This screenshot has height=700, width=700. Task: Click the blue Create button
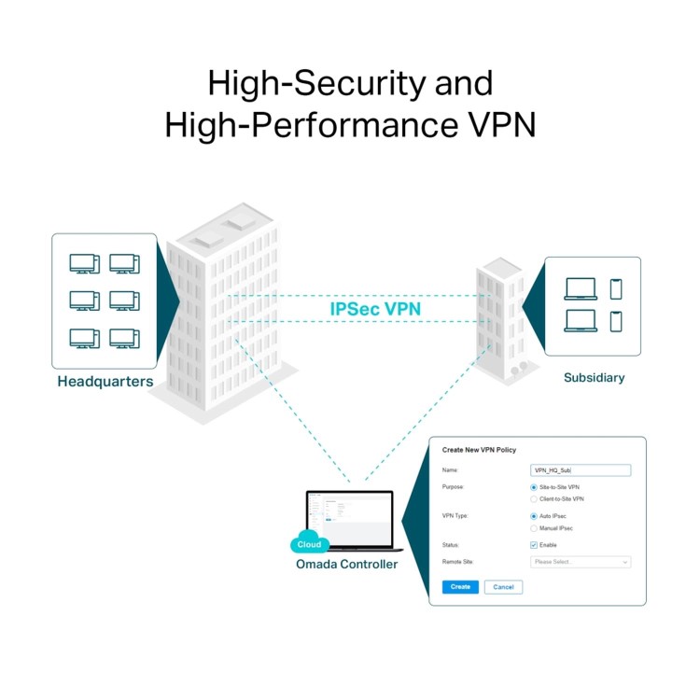click(460, 587)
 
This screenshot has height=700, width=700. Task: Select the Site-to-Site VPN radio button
click(534, 487)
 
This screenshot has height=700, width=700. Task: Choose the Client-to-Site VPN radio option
click(534, 499)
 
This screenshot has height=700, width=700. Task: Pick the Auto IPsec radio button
click(534, 516)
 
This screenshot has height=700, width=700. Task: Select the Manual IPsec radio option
click(534, 528)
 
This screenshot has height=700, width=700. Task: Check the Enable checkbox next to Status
click(534, 545)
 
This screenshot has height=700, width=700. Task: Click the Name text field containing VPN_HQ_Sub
click(580, 470)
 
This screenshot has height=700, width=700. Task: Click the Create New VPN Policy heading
click(479, 450)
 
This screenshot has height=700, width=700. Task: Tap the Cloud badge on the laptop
click(308, 544)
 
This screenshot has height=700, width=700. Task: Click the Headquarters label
click(105, 382)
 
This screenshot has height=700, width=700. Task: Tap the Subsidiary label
click(594, 378)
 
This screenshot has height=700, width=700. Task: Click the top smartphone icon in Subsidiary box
click(615, 289)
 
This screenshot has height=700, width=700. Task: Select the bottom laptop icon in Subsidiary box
click(581, 321)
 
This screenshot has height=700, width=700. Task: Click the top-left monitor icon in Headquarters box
click(84, 264)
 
